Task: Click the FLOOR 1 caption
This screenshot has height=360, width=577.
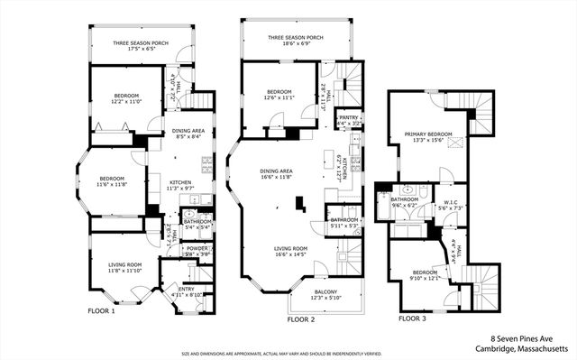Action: pos(101,311)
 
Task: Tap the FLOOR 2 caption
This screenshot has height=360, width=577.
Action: pos(300,319)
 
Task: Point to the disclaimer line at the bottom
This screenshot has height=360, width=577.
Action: pos(288,355)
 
